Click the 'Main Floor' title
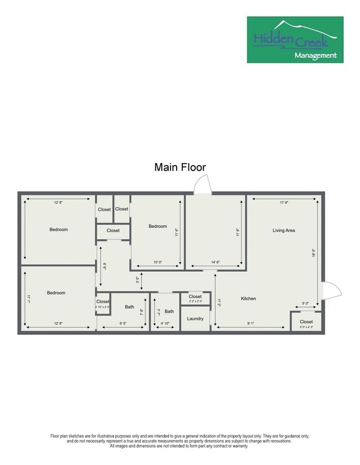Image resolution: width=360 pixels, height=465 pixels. pos(180,167)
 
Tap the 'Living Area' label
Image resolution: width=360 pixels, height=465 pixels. pos(283,230)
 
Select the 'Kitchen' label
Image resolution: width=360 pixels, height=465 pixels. pos(248,298)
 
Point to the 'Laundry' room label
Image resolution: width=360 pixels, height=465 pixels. pos(195,318)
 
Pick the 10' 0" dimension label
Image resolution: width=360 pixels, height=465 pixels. pos(157,262)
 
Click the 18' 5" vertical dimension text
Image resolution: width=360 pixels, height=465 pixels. pos(313,252)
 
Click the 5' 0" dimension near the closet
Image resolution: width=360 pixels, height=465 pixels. pos(306,303)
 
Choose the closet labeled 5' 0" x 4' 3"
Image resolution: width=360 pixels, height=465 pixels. pos(306,323)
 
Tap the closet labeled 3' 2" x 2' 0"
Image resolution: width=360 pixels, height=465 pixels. pos(195,298)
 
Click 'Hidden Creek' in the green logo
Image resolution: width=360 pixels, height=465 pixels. pos(290,39)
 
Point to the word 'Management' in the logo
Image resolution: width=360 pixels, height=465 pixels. pos(315,55)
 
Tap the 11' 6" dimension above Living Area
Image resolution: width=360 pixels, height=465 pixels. pos(284,203)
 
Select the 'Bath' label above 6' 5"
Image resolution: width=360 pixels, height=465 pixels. pos(129,307)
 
